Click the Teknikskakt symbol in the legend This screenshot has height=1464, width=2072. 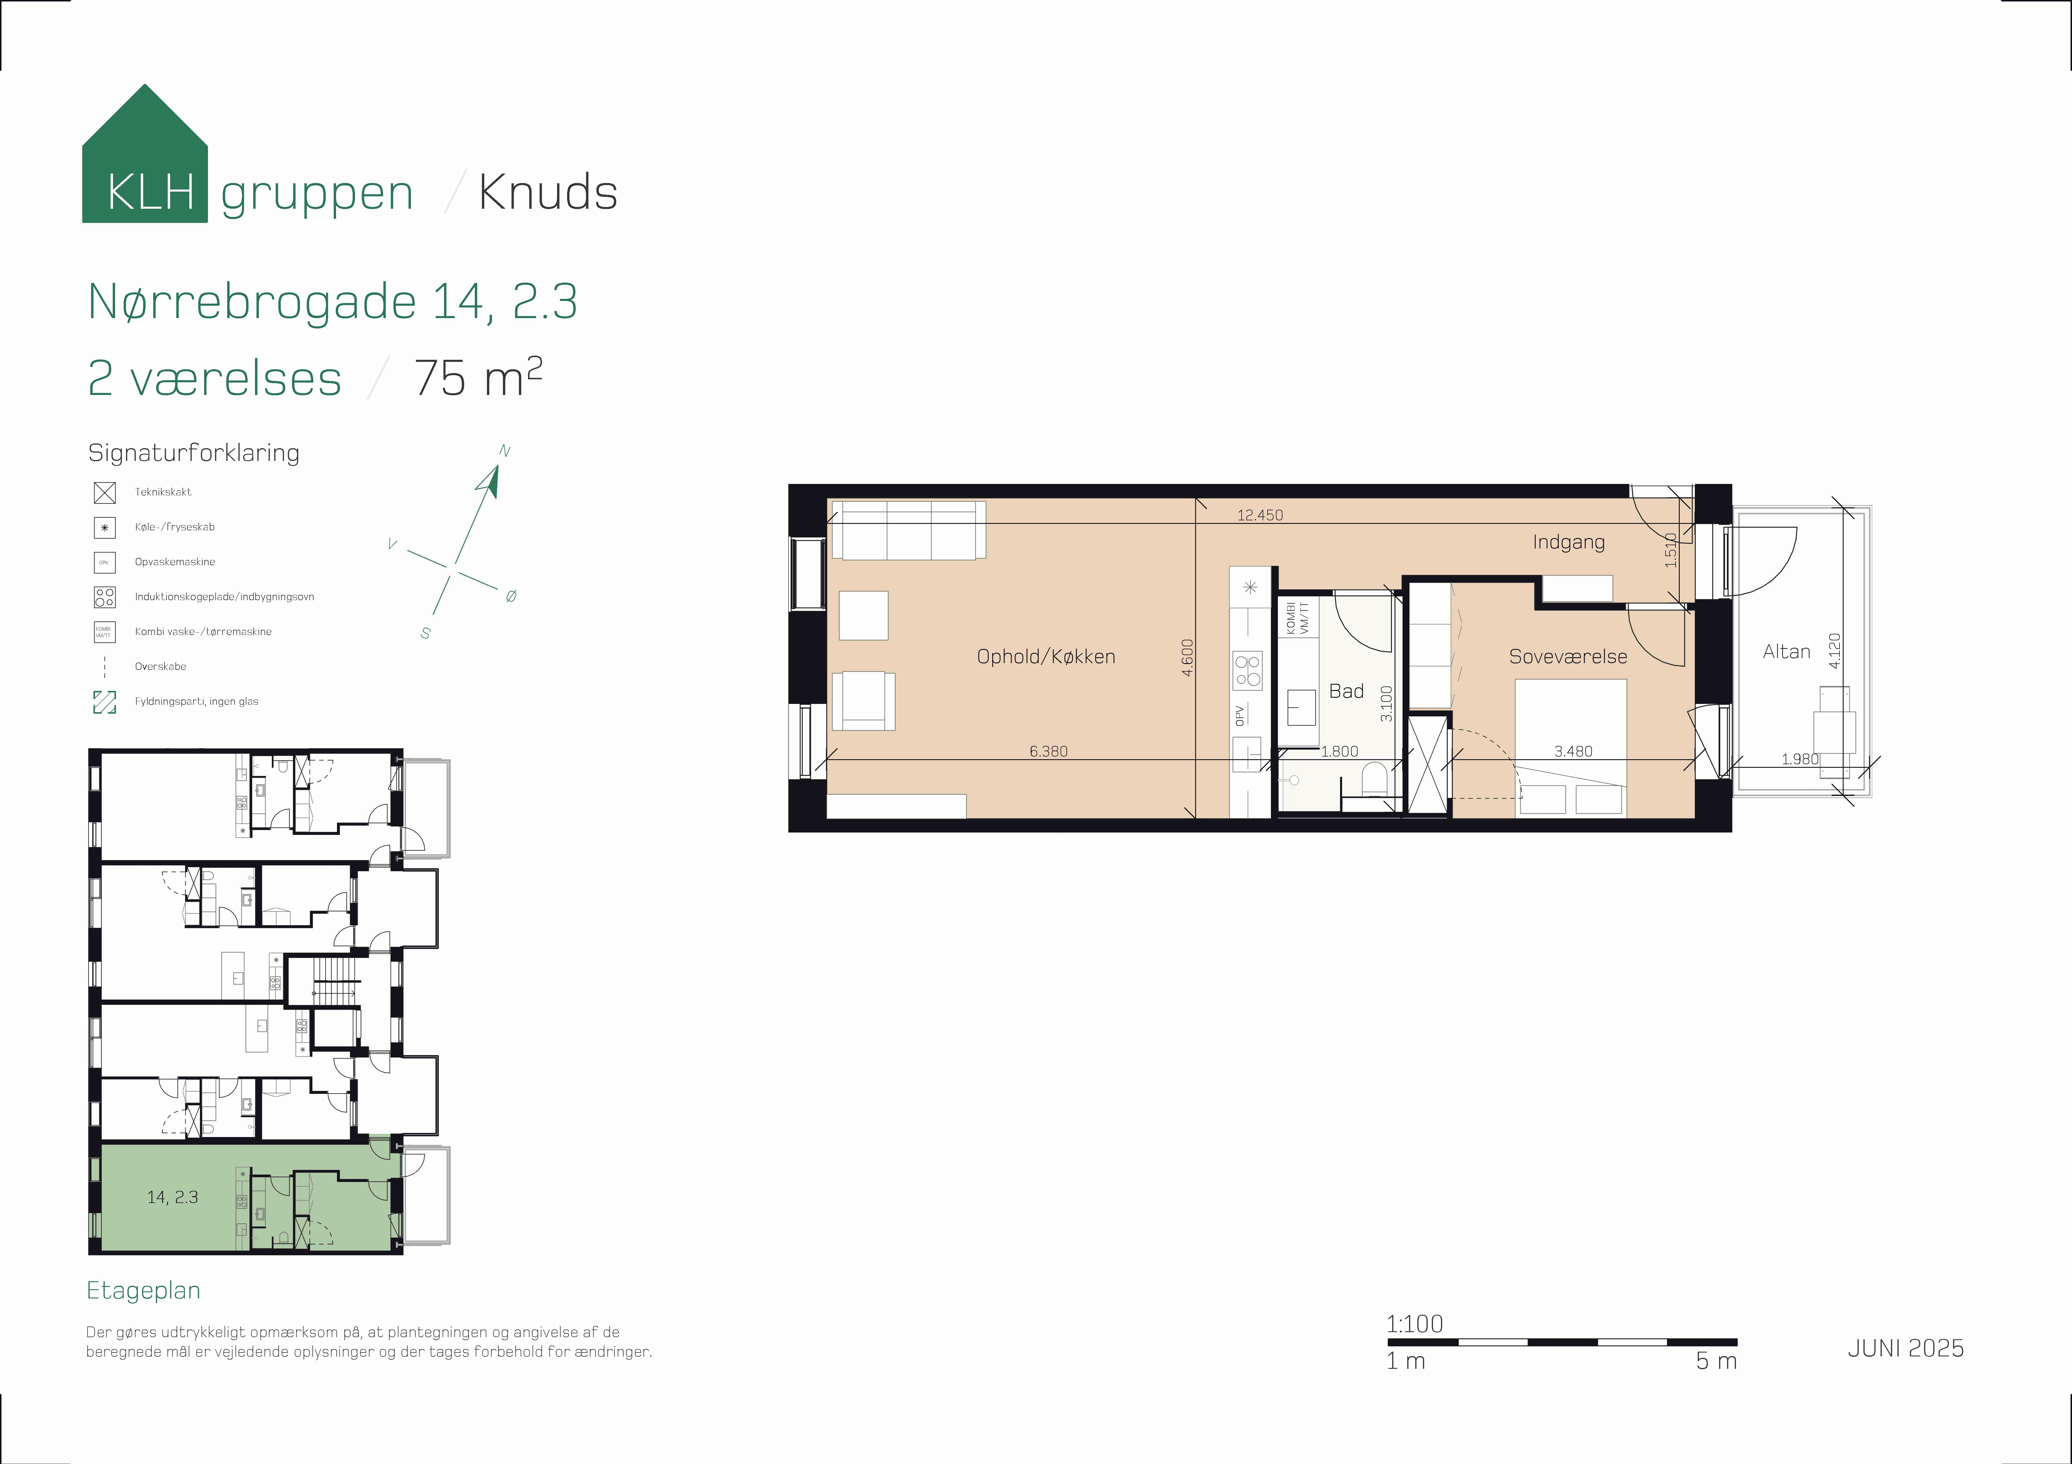pos(105,493)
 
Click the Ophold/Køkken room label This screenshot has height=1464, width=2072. pos(1046,657)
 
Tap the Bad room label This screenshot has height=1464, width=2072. pos(1345,691)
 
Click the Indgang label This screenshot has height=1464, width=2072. pos(1568,542)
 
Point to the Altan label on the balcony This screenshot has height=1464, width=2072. pos(1786,651)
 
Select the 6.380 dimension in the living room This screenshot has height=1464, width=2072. pos(1048,751)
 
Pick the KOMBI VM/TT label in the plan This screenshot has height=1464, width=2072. pos(1297,618)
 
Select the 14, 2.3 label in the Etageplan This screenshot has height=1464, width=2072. pos(172,1197)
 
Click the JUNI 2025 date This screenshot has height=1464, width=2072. pos(1905,1348)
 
